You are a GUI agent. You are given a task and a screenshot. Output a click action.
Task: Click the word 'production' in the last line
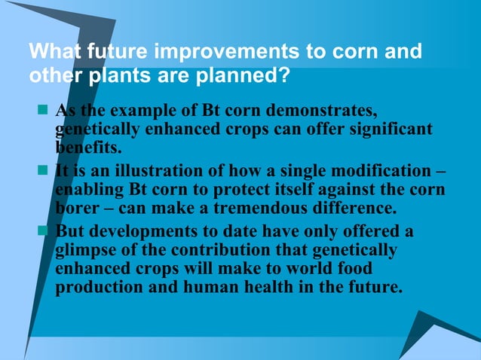[x=97, y=288]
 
